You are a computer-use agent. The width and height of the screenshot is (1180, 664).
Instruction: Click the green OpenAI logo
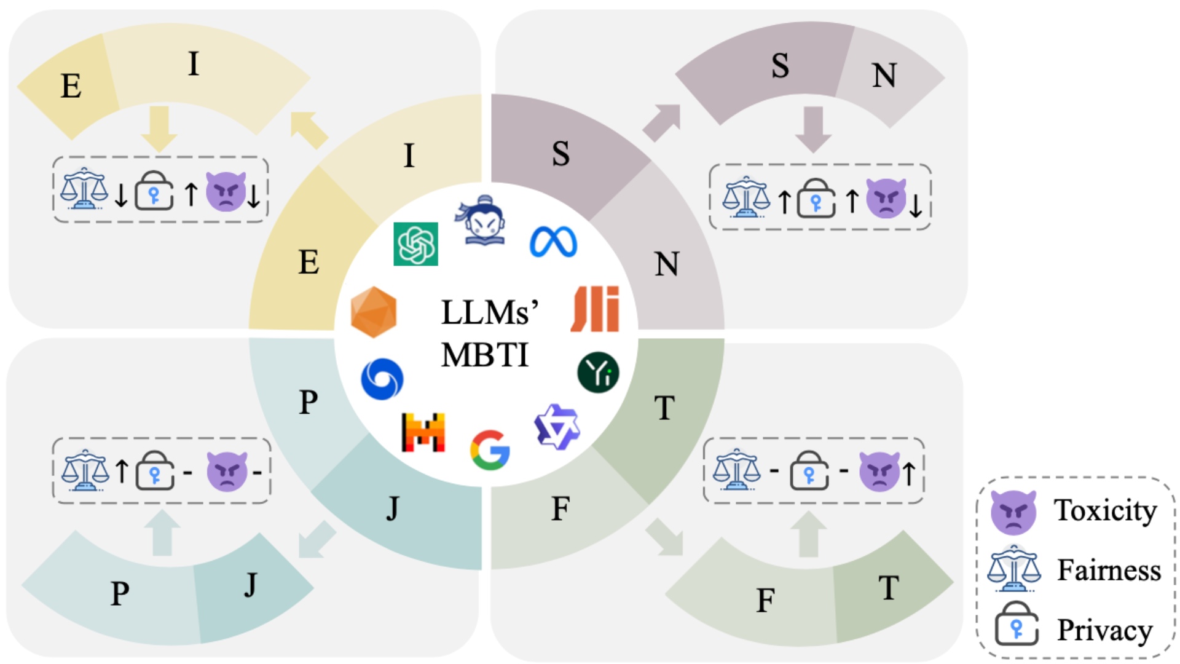pyautogui.click(x=415, y=243)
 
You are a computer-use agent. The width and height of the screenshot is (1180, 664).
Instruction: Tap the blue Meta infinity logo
pyautogui.click(x=553, y=242)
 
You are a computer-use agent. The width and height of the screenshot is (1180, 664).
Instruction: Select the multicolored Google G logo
pyautogui.click(x=490, y=449)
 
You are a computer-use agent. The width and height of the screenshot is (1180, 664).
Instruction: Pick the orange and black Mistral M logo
pyautogui.click(x=423, y=432)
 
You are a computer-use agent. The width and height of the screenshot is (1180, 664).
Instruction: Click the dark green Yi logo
pyautogui.click(x=598, y=372)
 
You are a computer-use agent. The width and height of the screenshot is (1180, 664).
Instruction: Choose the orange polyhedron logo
pyautogui.click(x=373, y=312)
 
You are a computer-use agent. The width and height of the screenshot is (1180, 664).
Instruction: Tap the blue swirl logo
pyautogui.click(x=382, y=379)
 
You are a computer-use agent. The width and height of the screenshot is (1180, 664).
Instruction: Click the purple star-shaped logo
pyautogui.click(x=557, y=427)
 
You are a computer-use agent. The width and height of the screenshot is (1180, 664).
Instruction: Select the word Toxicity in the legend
pyautogui.click(x=1105, y=510)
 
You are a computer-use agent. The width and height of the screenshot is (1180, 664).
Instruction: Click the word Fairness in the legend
pyautogui.click(x=1109, y=570)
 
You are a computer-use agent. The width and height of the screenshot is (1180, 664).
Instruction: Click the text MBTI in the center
pyautogui.click(x=484, y=355)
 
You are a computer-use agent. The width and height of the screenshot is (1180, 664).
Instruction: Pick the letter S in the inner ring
pyautogui.click(x=560, y=154)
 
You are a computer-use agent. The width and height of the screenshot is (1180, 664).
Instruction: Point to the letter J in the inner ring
pyautogui.click(x=392, y=508)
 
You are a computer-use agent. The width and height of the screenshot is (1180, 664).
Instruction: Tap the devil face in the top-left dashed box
pyautogui.click(x=226, y=191)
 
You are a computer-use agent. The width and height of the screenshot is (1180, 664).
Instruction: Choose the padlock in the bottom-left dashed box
pyautogui.click(x=154, y=471)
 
